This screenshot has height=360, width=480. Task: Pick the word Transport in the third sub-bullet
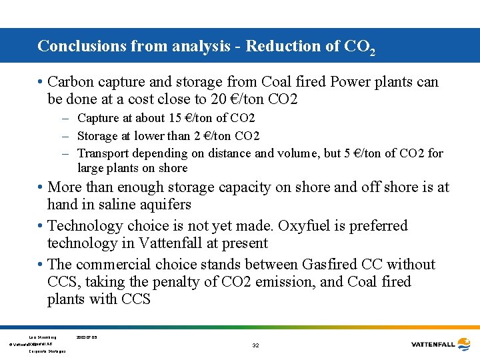[x=103, y=153]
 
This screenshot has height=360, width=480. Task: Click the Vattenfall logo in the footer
[x=442, y=344]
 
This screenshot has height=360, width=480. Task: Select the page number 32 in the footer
[x=256, y=345]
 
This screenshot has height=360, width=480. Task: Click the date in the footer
[x=87, y=338]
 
